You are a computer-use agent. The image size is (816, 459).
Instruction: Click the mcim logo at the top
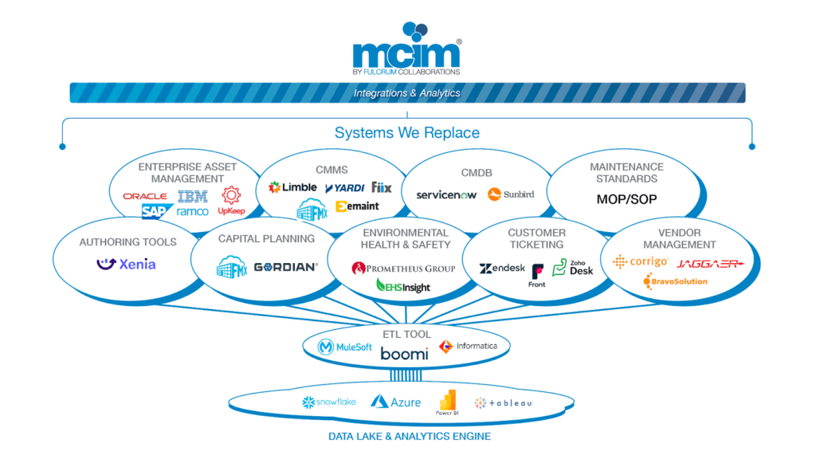tap(406, 49)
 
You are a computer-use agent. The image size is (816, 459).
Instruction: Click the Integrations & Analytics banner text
tap(407, 93)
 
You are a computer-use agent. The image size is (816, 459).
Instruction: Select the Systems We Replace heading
tap(406, 132)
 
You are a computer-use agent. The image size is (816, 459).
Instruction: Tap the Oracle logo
tap(145, 196)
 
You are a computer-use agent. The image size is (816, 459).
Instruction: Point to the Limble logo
tap(292, 187)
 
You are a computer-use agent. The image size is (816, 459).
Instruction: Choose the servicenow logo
tap(445, 194)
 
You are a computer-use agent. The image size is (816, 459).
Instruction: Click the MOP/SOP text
tap(626, 199)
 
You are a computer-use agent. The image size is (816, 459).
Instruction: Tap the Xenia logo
tap(126, 264)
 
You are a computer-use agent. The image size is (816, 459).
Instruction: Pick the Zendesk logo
tap(502, 269)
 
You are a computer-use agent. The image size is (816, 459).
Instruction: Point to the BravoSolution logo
tap(675, 281)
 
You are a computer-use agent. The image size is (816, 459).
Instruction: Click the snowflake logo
tap(329, 402)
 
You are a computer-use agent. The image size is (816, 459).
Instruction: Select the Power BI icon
tap(448, 404)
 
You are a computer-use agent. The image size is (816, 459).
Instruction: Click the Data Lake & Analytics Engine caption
tap(410, 437)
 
